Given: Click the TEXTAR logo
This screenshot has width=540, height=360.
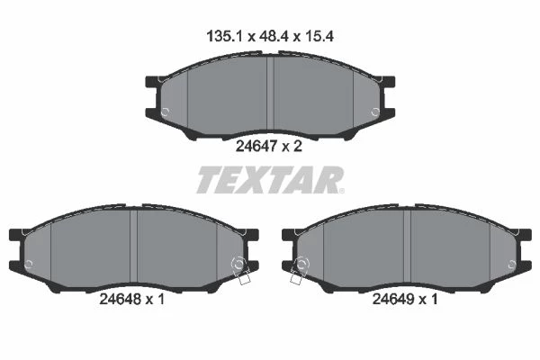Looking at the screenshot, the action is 270,180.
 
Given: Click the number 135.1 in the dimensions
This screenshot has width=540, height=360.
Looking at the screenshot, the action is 226,36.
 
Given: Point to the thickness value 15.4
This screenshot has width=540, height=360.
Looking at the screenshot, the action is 319,36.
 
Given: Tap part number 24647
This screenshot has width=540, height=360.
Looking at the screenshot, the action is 256,147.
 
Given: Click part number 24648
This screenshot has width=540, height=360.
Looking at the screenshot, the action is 121,299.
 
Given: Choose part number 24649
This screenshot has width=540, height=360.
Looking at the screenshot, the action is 393,299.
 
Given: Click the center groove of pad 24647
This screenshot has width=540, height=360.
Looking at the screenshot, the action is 270,95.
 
